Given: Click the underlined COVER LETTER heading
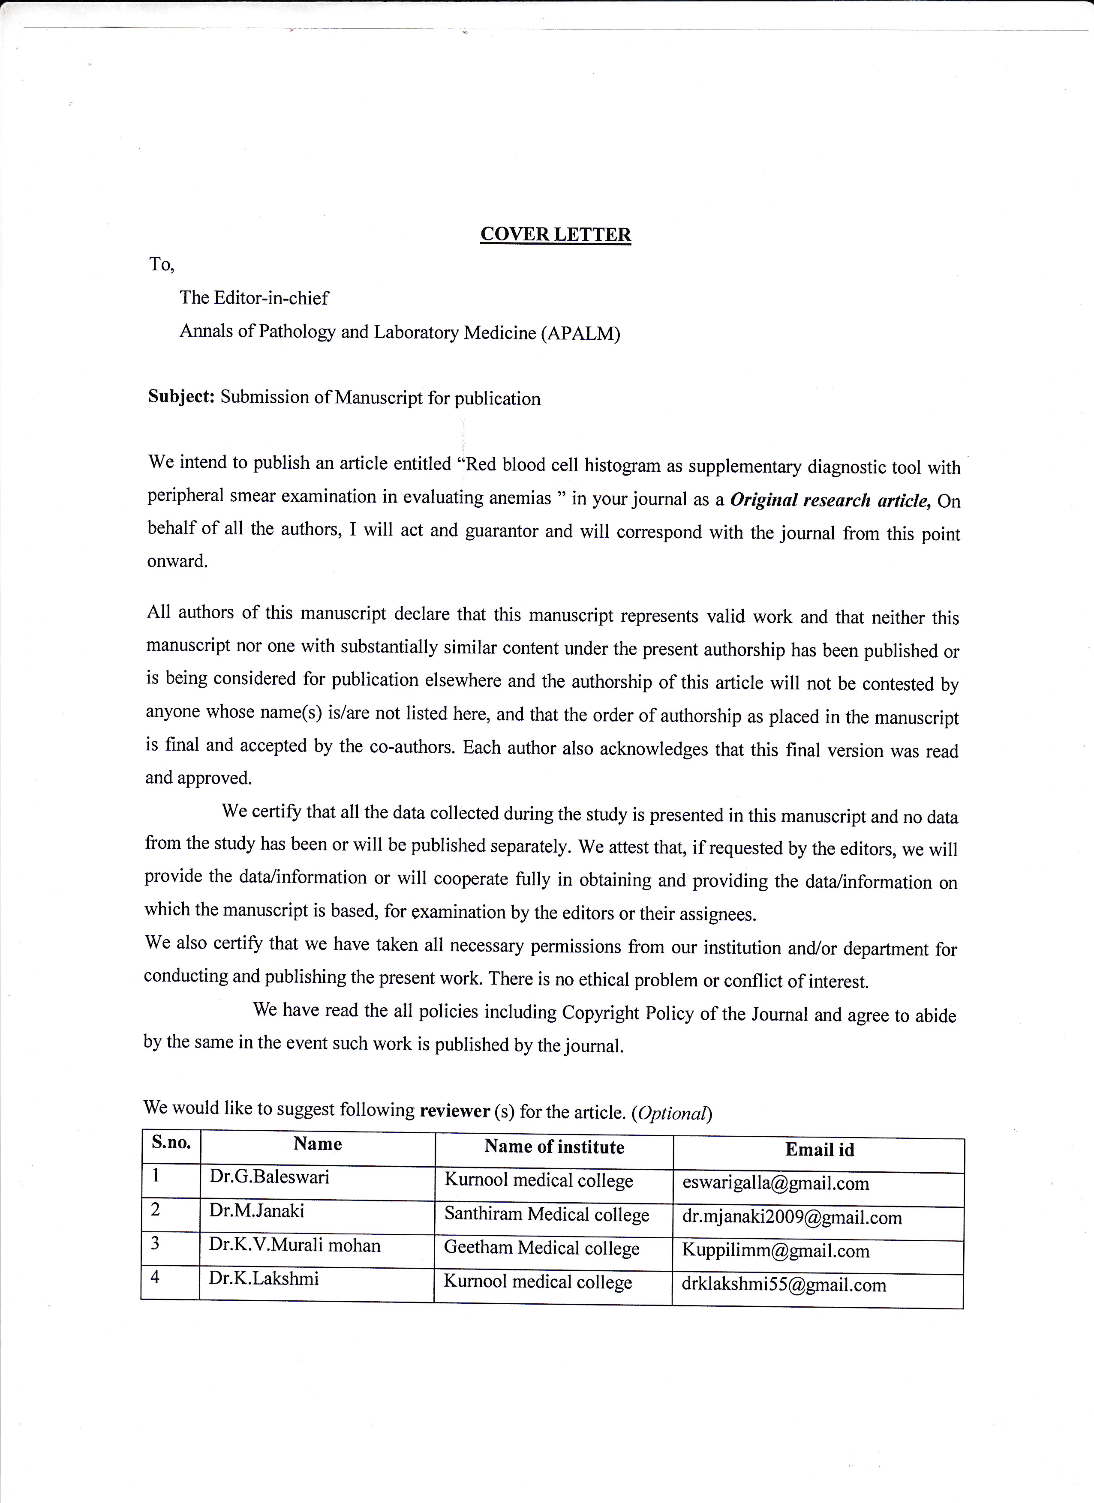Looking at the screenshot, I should click(555, 235).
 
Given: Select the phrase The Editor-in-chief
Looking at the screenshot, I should click(254, 297).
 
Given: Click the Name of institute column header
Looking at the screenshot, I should click(554, 1147).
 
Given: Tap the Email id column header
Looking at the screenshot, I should click(820, 1150).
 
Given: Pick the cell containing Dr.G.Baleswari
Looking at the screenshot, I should click(269, 1177).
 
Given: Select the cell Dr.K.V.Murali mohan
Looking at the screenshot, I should click(295, 1245).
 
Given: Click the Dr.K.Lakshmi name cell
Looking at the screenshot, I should click(263, 1278).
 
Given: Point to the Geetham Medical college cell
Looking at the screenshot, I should click(542, 1248).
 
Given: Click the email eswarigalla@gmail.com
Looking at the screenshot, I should click(775, 1183).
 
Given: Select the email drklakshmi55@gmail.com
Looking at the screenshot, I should click(784, 1285).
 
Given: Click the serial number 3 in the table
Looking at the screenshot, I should click(155, 1243).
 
